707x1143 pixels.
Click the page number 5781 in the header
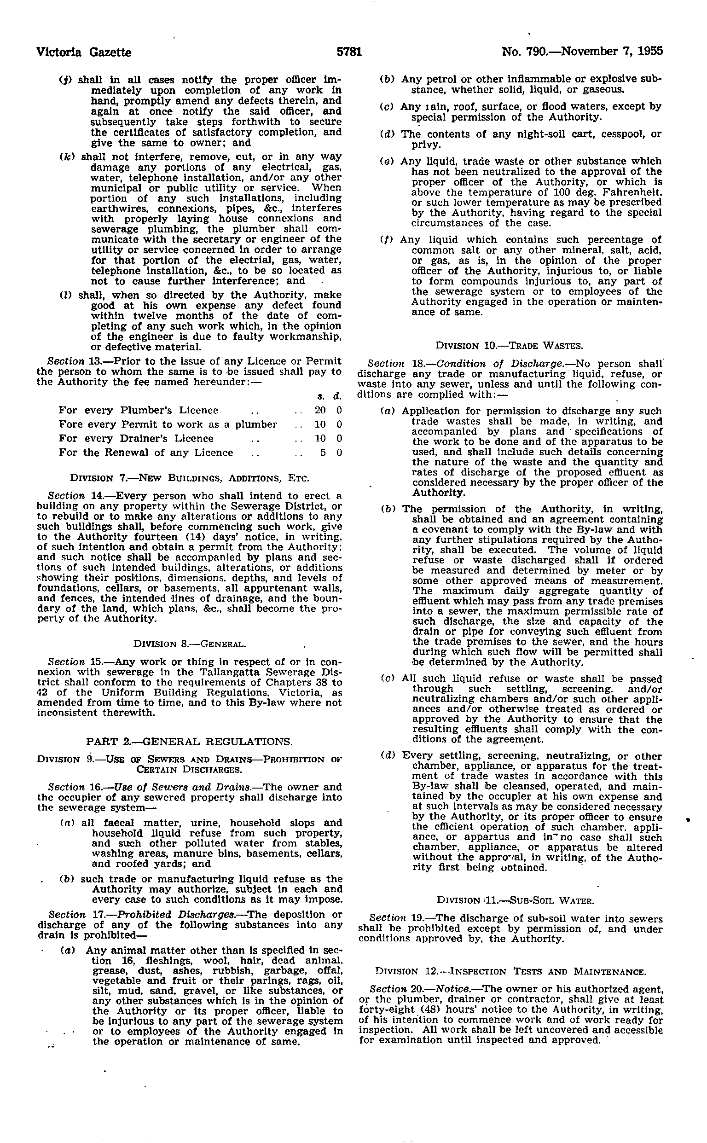[x=350, y=52]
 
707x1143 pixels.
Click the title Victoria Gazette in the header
[x=84, y=52]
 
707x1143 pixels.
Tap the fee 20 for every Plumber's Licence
[x=320, y=411]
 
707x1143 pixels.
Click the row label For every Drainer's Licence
[x=136, y=439]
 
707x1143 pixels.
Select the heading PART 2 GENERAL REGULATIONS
[x=189, y=742]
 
